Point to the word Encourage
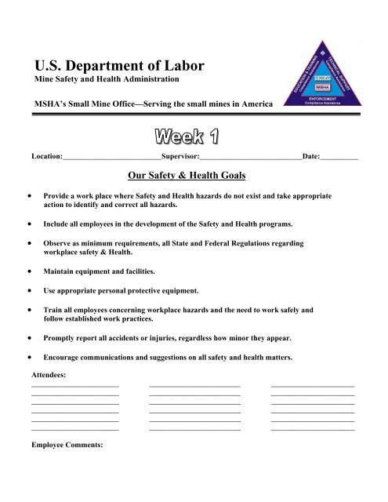tap(68, 357)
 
